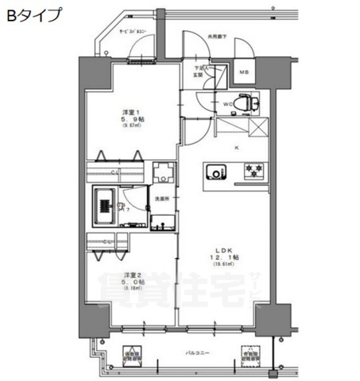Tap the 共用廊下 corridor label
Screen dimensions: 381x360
click(217, 36)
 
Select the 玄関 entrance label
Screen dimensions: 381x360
click(201, 75)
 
